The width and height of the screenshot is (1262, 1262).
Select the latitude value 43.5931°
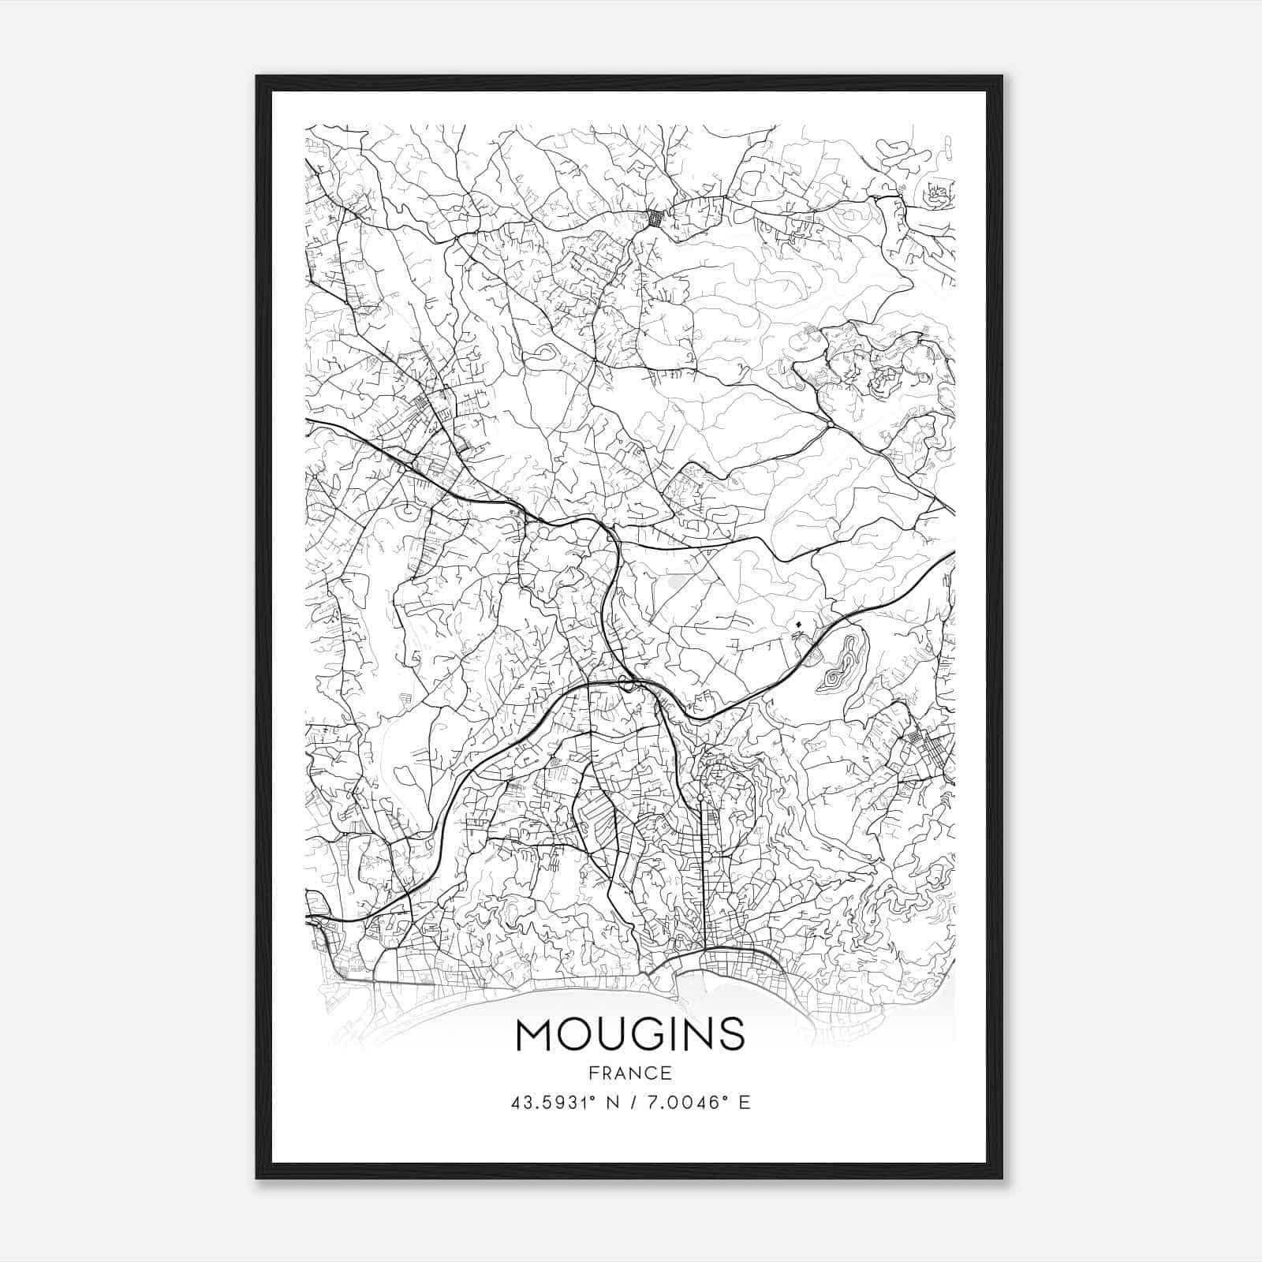553,1102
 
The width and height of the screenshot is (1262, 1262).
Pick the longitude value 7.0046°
686,1102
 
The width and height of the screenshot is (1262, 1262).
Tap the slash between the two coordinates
633,1102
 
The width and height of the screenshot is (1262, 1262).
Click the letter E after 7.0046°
744,1102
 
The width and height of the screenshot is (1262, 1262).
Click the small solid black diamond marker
799,625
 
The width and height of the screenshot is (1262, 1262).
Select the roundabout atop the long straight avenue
700,798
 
